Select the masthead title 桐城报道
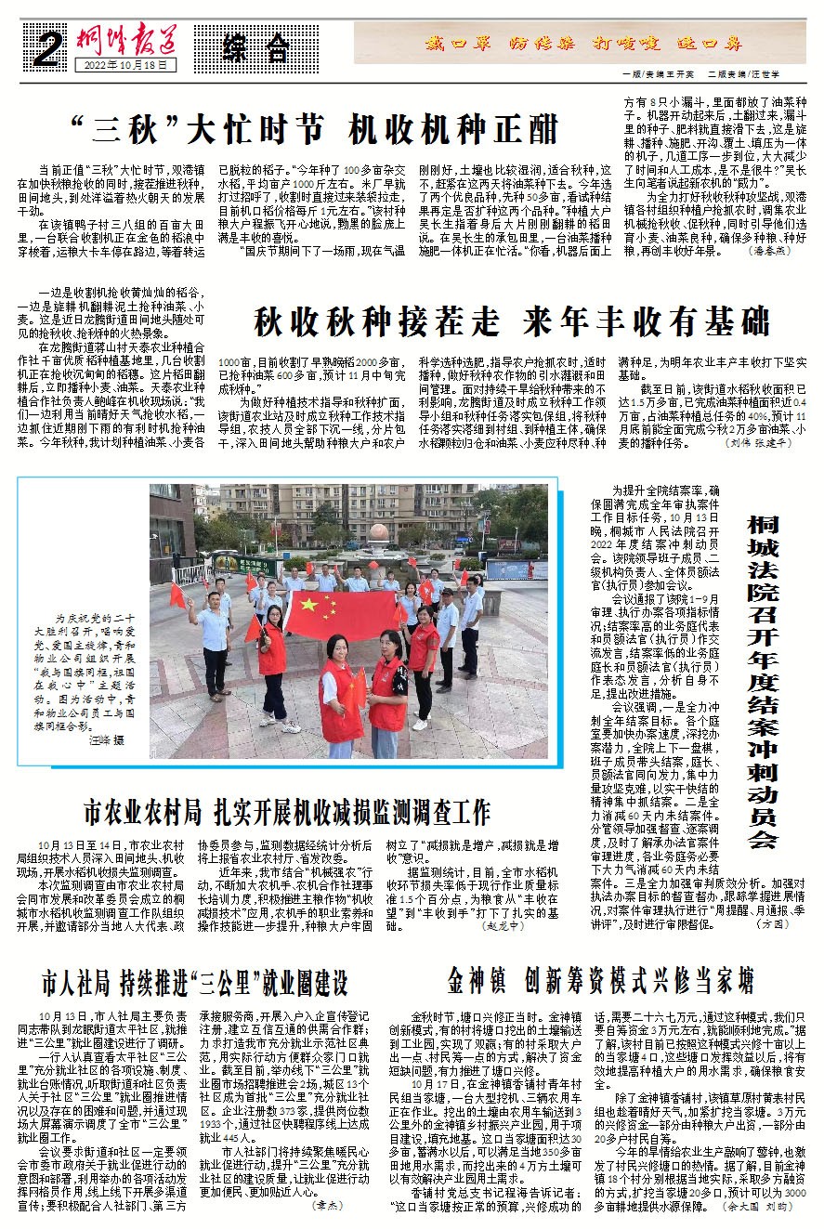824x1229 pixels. [127, 39]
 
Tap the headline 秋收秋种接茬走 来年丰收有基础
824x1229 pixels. [512, 322]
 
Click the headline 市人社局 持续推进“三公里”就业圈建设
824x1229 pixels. [193, 982]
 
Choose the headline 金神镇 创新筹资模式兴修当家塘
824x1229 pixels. [599, 980]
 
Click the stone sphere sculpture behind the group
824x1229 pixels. [383, 533]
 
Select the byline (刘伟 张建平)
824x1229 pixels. [758, 444]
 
